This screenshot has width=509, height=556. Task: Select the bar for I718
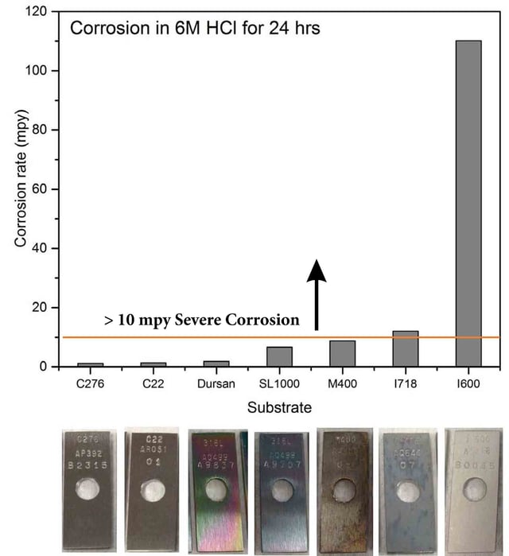[x=405, y=348]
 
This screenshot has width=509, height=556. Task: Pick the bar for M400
[x=342, y=353]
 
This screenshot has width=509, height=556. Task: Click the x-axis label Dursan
[x=216, y=383]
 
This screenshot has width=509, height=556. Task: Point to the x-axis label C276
[x=90, y=383]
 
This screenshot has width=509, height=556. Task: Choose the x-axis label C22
[x=153, y=383]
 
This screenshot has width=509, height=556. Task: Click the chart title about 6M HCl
[x=195, y=29]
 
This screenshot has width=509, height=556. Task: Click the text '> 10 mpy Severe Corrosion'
[x=201, y=321]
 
